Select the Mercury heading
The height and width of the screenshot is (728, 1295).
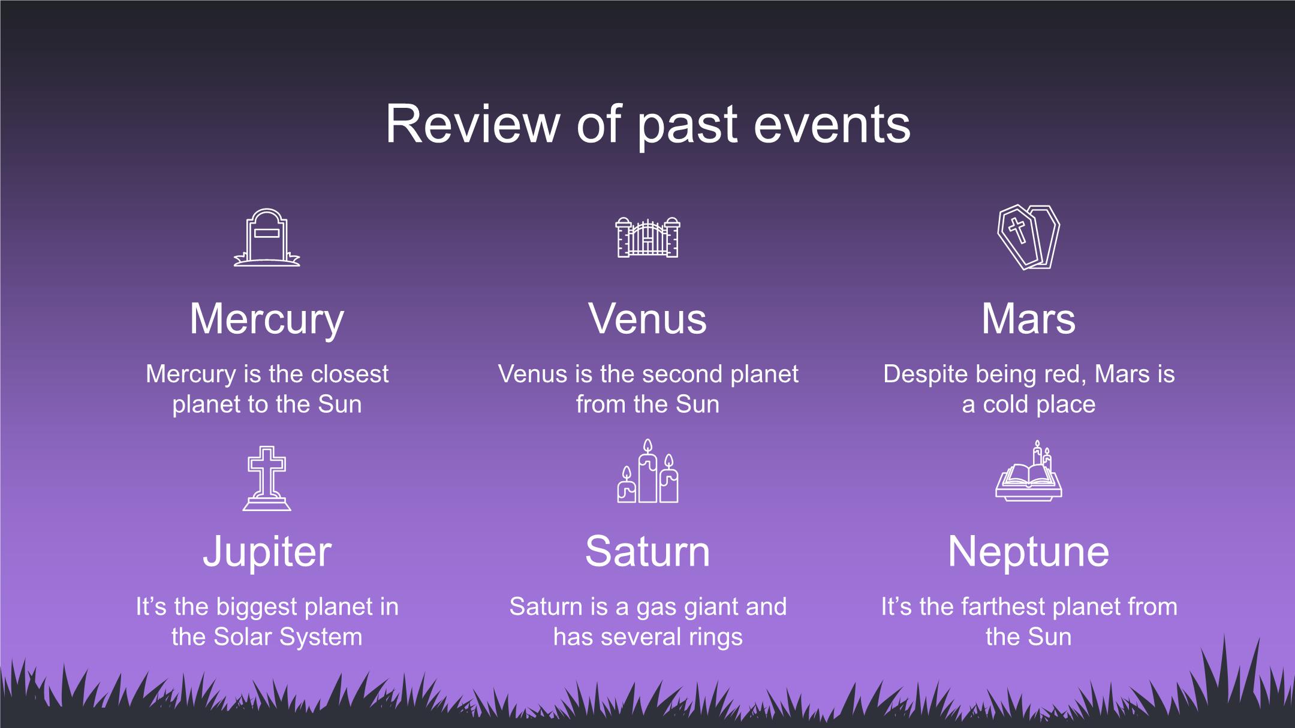[x=267, y=321]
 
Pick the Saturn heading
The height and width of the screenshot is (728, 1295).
[x=648, y=551]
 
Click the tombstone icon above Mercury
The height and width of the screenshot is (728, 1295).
[x=267, y=237]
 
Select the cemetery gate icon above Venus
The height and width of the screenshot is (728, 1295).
[x=648, y=237]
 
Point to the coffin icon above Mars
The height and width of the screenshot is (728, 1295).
[x=1028, y=237]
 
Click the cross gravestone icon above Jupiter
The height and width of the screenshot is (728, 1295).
[x=267, y=478]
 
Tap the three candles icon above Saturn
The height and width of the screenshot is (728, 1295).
[x=648, y=471]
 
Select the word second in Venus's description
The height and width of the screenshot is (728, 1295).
[x=685, y=374]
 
